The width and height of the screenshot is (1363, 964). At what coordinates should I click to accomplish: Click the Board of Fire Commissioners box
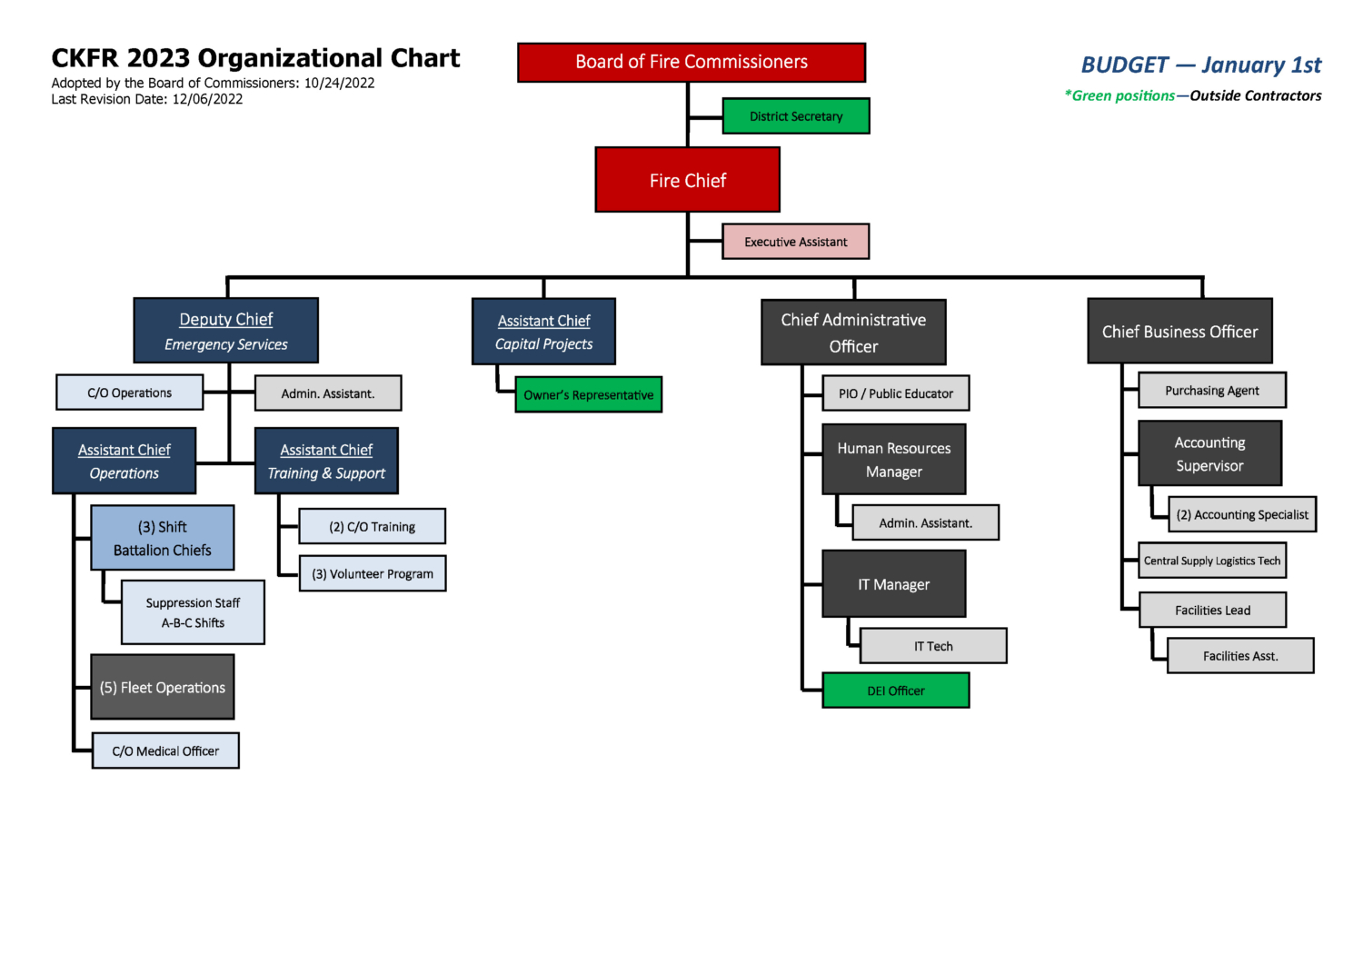click(691, 63)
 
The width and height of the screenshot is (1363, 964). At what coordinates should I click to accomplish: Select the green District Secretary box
click(796, 116)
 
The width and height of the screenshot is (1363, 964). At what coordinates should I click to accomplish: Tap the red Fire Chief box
click(687, 180)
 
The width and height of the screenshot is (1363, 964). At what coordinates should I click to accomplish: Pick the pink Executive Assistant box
click(796, 242)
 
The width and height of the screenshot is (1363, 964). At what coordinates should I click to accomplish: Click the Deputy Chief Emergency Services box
click(226, 331)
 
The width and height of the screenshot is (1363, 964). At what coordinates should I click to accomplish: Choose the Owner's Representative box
click(588, 394)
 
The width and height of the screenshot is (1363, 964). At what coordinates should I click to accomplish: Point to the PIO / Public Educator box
click(895, 393)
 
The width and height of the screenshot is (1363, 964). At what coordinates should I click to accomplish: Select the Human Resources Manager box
click(893, 460)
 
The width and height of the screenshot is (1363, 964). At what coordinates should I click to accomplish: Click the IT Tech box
click(933, 646)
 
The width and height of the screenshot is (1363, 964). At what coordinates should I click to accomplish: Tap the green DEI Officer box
click(895, 691)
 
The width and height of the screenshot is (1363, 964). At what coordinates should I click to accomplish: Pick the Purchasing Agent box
click(1211, 391)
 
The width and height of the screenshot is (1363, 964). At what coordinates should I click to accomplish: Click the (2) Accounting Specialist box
click(1241, 514)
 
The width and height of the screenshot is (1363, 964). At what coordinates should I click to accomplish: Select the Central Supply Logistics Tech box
click(1211, 561)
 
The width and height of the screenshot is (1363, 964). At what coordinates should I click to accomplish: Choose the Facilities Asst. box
click(1240, 656)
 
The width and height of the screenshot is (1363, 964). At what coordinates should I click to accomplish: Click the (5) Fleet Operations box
click(163, 687)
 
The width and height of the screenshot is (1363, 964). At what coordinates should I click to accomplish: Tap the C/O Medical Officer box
click(165, 750)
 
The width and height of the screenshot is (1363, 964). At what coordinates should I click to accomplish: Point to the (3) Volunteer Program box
click(373, 573)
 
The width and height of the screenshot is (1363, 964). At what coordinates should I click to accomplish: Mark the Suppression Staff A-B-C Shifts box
click(193, 612)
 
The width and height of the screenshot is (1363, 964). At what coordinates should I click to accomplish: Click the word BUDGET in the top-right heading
click(1124, 65)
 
